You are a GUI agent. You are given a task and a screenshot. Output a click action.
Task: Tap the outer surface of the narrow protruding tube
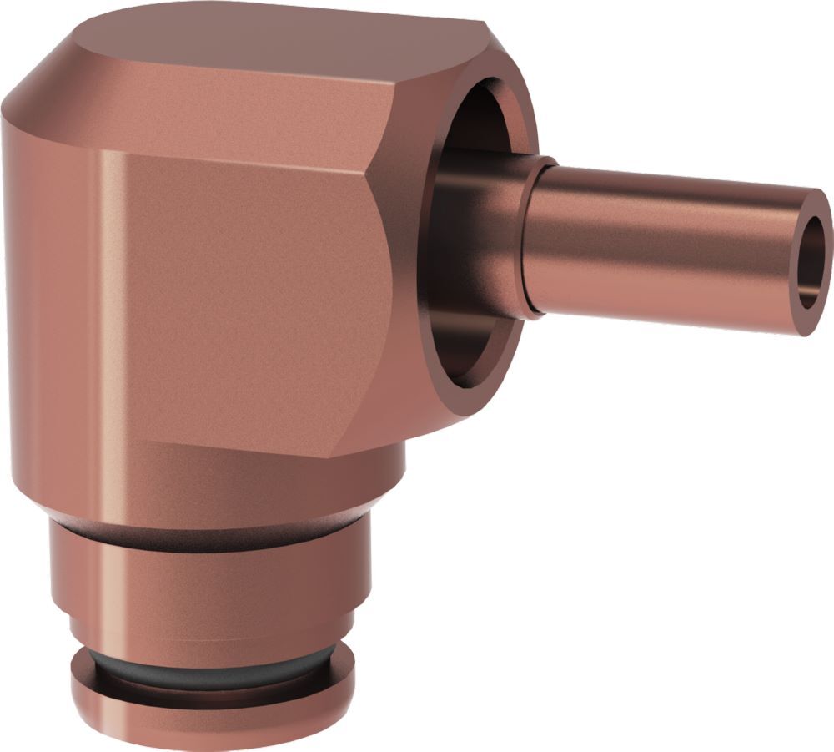click(x=667, y=250)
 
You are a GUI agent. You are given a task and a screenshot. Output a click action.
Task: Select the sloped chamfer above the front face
click(x=250, y=125)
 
